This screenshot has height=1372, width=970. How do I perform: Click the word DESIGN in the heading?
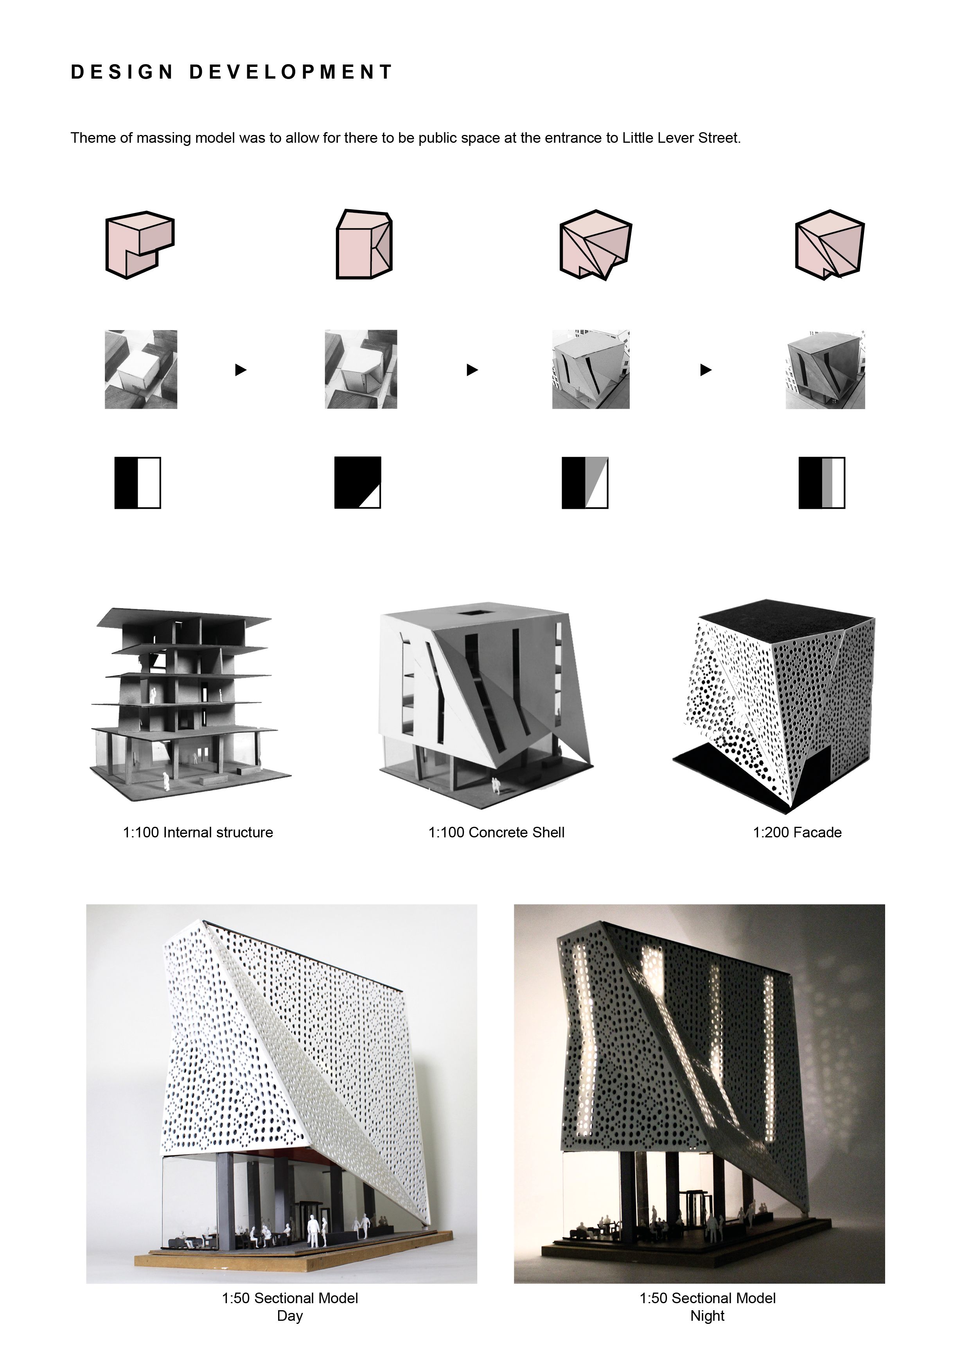click(x=122, y=72)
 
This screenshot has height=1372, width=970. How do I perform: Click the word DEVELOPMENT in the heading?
click(x=291, y=72)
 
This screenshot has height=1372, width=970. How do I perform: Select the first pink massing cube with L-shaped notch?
click(x=140, y=244)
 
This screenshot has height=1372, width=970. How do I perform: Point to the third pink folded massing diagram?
click(x=595, y=245)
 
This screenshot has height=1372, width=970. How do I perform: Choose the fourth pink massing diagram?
click(x=830, y=245)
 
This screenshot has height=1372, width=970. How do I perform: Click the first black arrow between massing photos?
click(x=240, y=370)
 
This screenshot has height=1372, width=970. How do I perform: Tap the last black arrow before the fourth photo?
click(x=706, y=370)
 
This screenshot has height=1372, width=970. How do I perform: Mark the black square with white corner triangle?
click(x=357, y=483)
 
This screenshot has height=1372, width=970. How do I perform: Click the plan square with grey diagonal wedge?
click(x=585, y=483)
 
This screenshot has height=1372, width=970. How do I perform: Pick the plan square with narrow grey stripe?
click(x=822, y=483)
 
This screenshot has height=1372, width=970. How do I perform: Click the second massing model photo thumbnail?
click(x=361, y=369)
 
